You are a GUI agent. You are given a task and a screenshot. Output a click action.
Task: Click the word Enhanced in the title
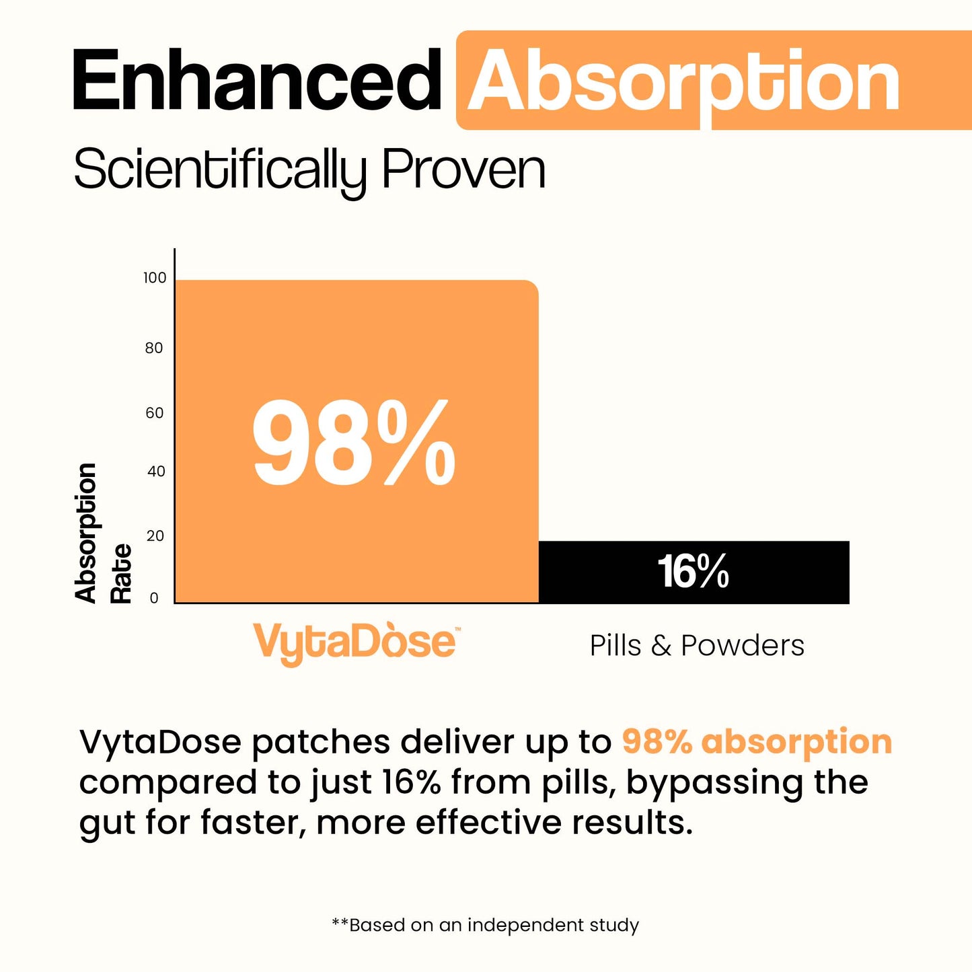click(x=256, y=81)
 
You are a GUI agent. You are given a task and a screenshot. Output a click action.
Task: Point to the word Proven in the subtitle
click(x=463, y=169)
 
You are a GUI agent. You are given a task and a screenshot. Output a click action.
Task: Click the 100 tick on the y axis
click(x=155, y=278)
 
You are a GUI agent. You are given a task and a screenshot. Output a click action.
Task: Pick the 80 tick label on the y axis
click(x=154, y=348)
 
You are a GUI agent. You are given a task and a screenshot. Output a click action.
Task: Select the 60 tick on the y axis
click(x=155, y=413)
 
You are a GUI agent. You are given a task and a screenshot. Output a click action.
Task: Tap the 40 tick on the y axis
click(x=156, y=472)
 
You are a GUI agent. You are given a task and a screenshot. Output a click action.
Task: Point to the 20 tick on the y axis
click(x=155, y=536)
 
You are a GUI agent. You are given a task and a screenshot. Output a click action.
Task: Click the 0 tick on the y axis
click(x=154, y=598)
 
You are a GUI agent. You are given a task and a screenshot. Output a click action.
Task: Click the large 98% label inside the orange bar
click(x=354, y=443)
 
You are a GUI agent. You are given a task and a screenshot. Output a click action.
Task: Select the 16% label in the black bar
click(x=693, y=572)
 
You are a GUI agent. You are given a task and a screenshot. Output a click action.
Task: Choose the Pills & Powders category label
click(x=697, y=646)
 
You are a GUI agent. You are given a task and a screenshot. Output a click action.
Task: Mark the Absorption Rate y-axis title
click(x=102, y=533)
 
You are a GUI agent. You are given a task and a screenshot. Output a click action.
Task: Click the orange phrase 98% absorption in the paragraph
click(x=757, y=742)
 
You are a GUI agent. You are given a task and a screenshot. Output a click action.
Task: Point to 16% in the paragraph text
click(x=411, y=782)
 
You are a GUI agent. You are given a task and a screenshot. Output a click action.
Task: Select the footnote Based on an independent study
click(x=486, y=926)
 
